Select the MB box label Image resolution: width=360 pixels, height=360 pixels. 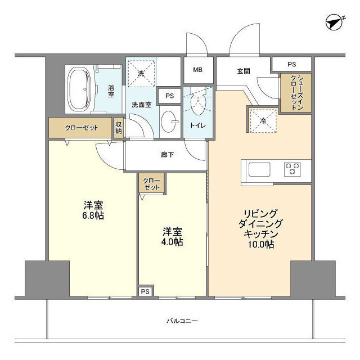coord(197,70)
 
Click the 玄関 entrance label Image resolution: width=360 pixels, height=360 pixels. coord(243,71)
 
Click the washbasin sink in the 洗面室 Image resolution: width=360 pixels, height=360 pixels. coord(168,120)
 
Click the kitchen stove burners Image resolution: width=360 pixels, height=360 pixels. coord(292,169)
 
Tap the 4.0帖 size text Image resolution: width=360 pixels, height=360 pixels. coord(173,242)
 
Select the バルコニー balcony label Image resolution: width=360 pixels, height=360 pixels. coord(182,321)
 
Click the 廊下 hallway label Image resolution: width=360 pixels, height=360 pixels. coord(167,154)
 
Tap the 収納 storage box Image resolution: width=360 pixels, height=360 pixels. coord(119,128)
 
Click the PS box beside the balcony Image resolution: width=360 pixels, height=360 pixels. coord(145,291)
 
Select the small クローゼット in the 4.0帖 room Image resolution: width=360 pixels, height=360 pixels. coord(151,183)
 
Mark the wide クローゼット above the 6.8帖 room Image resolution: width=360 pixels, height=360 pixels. coord(80,128)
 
